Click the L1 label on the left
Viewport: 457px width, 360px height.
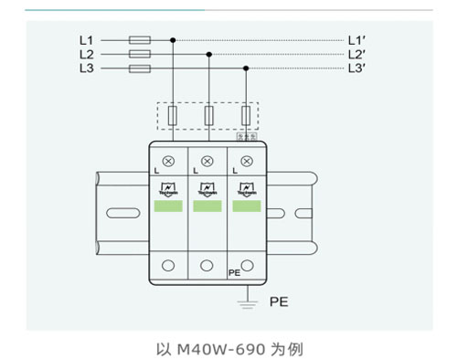point(86,40)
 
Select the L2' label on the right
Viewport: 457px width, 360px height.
point(356,55)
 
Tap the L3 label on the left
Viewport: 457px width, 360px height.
point(86,69)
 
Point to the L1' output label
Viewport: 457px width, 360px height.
point(356,40)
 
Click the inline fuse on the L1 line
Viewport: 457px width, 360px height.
point(141,40)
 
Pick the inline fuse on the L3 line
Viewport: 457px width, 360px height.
point(141,69)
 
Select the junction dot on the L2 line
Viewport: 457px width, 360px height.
point(209,55)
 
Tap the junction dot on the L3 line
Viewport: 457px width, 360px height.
point(246,69)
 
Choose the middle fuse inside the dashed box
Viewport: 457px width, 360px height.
point(209,115)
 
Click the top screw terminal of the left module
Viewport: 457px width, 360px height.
point(169,161)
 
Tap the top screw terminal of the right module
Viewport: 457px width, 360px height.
point(245,161)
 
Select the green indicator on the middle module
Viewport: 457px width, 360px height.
point(207,206)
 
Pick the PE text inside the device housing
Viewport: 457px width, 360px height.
point(233,272)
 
